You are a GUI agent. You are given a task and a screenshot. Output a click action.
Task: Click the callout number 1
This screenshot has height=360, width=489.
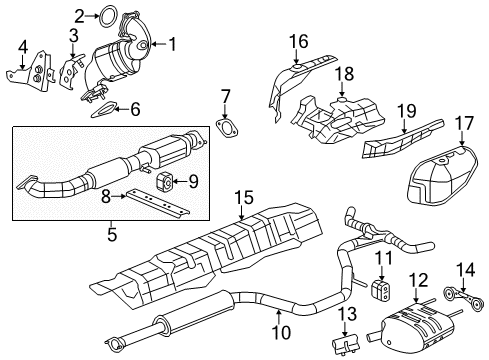[172, 43]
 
